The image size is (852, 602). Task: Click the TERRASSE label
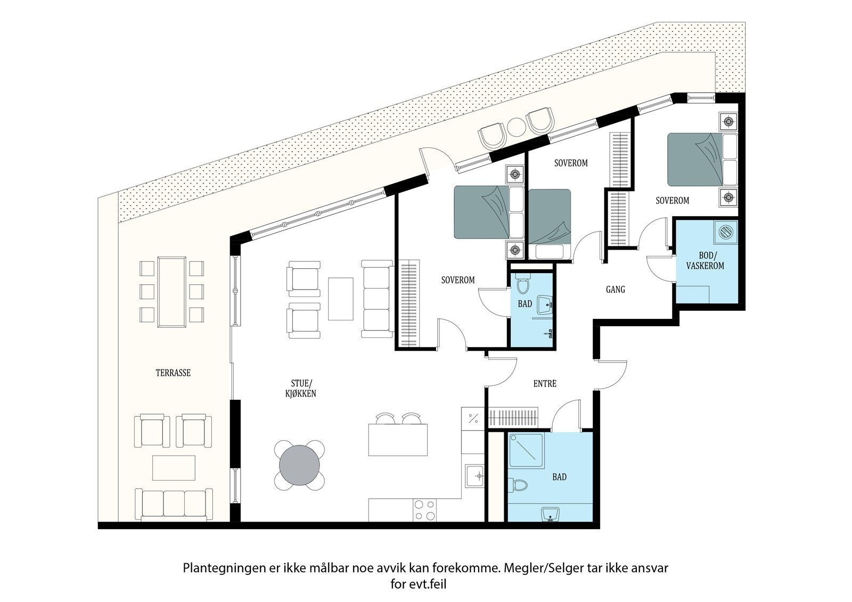pos(173,373)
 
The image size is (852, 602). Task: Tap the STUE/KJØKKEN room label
pos(300,388)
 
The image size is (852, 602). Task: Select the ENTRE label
pos(545,384)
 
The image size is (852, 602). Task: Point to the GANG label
pos(616,290)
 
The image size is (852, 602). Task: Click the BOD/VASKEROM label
pos(705,260)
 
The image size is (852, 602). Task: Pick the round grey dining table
pos(300,465)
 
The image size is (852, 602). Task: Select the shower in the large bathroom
pos(527,451)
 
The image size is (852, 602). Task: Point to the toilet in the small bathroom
pos(523,285)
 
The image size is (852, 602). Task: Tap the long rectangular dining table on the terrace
pos(172,292)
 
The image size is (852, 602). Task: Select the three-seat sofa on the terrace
pos(174,504)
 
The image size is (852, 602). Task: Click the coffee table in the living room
pos(340,299)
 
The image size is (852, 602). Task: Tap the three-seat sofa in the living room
pos(378,299)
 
